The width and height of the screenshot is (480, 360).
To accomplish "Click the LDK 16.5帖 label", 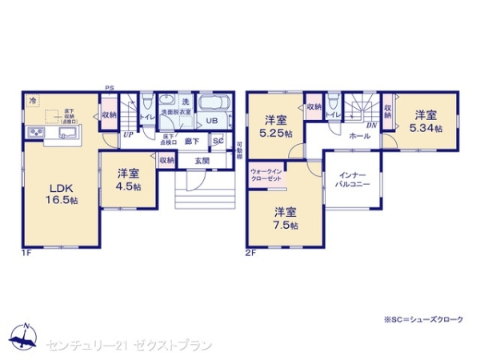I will click(61, 194).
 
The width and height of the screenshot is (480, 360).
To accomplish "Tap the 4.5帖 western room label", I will click(128, 179).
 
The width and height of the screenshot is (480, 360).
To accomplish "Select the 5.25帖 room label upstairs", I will click(274, 126).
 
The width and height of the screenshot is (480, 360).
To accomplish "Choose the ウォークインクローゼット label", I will click(265, 176).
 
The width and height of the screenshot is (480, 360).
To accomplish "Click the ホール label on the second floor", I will click(358, 136).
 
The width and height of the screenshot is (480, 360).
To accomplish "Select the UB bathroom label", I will click(211, 121).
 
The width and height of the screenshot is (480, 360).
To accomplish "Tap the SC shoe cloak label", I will click(218, 142).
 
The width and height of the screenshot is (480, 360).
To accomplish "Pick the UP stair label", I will click(128, 134).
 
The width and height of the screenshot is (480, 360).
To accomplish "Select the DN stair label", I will click(371, 125).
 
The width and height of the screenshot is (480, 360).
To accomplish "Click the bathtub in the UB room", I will click(214, 105).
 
